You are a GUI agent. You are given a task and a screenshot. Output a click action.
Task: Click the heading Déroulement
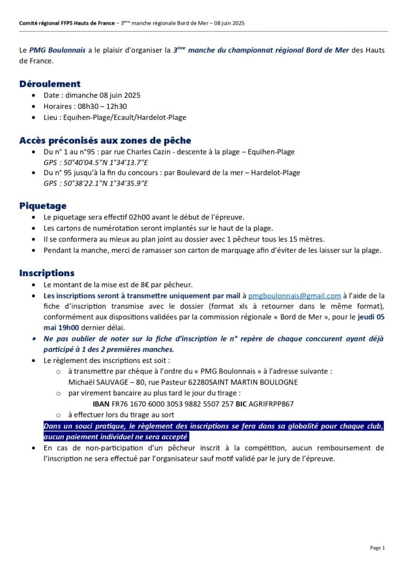[x=50, y=84]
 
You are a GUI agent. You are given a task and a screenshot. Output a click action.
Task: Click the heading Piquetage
[x=43, y=205]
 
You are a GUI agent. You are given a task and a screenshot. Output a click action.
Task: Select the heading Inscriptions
[x=47, y=273]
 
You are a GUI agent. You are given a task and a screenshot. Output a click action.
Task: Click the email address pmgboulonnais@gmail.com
[x=294, y=296]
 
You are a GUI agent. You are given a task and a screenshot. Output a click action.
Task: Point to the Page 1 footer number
[x=377, y=548]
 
